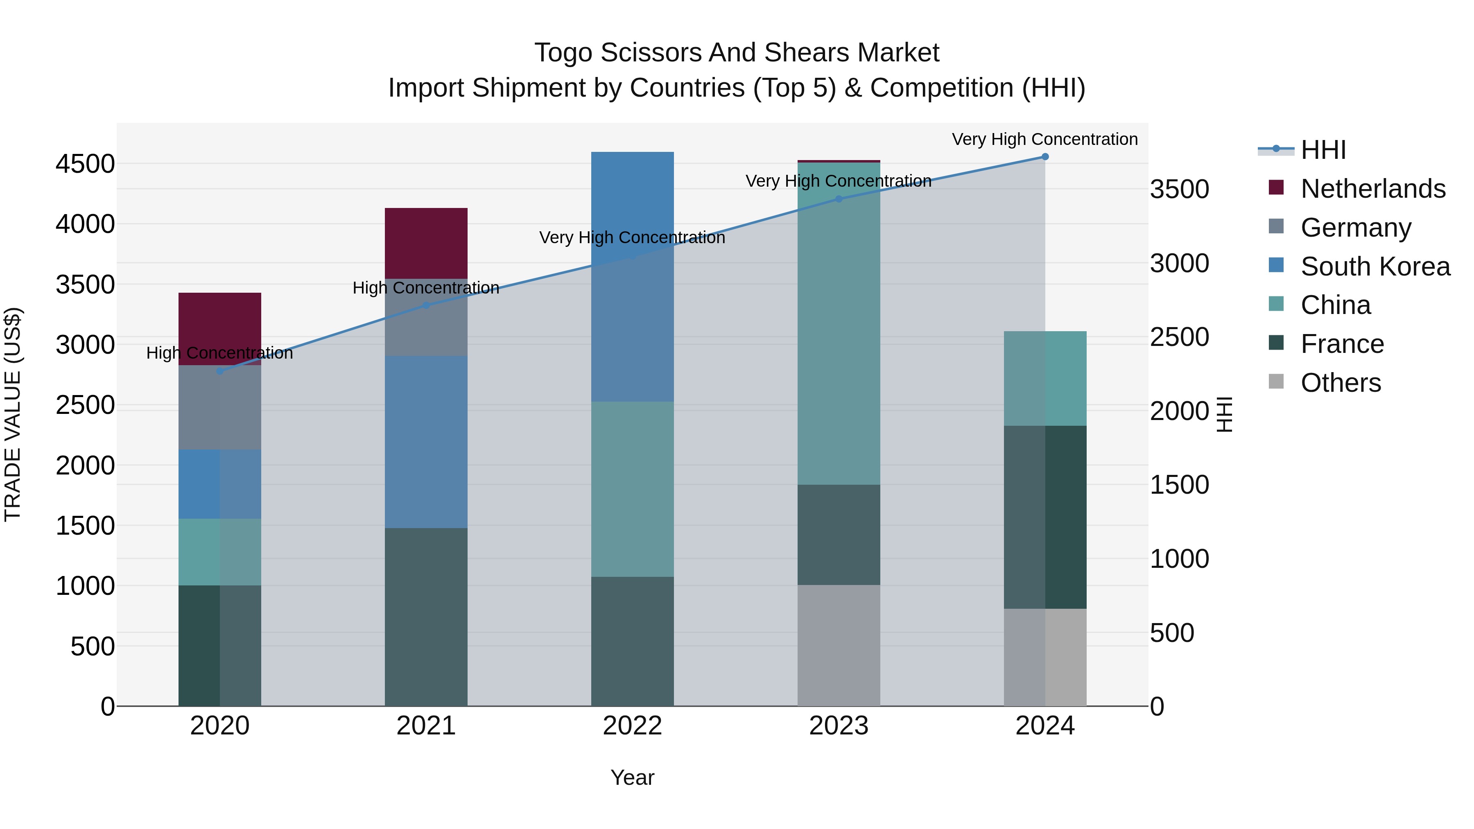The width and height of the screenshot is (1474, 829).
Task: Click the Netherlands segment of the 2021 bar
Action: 426,243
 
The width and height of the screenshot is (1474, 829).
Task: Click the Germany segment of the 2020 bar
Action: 220,407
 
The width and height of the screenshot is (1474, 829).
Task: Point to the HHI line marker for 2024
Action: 1045,157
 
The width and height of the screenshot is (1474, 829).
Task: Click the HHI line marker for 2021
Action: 426,305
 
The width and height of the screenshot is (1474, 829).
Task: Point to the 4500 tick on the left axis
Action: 85,164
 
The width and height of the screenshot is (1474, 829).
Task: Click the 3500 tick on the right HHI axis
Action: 1179,190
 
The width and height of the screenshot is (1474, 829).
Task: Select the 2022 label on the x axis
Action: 632,726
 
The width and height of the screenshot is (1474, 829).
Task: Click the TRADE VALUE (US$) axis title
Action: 13,414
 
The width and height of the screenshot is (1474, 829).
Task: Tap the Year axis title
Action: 632,777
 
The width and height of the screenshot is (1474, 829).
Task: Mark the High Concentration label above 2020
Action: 220,353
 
